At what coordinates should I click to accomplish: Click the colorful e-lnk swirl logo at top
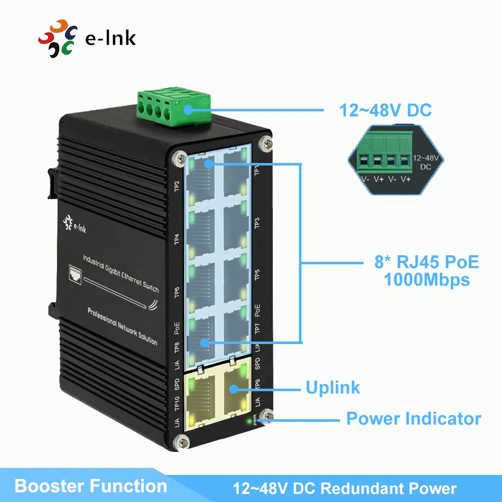pyautogui.click(x=58, y=38)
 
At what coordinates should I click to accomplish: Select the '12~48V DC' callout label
pyautogui.click(x=386, y=110)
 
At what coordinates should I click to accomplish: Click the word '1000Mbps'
pyautogui.click(x=427, y=280)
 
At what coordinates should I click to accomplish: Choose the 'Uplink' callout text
pyautogui.click(x=333, y=387)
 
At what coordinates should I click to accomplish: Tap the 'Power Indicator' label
pyautogui.click(x=414, y=418)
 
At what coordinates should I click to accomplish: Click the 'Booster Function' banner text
pyautogui.click(x=91, y=486)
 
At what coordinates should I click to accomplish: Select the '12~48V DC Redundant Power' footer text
pyautogui.click(x=345, y=488)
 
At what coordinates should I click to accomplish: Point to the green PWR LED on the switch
pyautogui.click(x=249, y=421)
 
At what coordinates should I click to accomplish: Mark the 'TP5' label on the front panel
pyautogui.click(x=257, y=275)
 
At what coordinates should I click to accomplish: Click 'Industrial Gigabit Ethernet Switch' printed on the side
pyautogui.click(x=121, y=273)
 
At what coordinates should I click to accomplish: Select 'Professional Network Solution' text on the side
pyautogui.click(x=122, y=326)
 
